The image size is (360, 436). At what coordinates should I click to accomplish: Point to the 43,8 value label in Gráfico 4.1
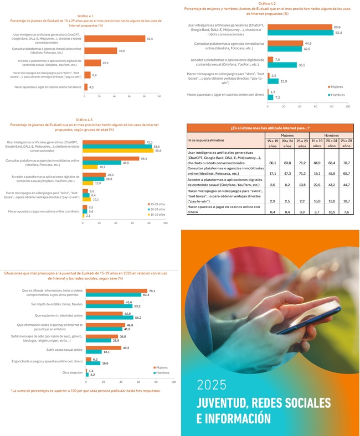click(121, 51)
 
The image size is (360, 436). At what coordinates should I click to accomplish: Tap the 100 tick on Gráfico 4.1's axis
click(159, 96)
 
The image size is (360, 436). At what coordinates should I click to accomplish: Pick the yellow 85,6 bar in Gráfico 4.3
click(118, 150)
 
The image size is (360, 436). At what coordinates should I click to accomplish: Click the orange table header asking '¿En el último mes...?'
click(269, 128)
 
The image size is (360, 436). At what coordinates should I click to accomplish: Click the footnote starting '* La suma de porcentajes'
click(85, 391)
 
